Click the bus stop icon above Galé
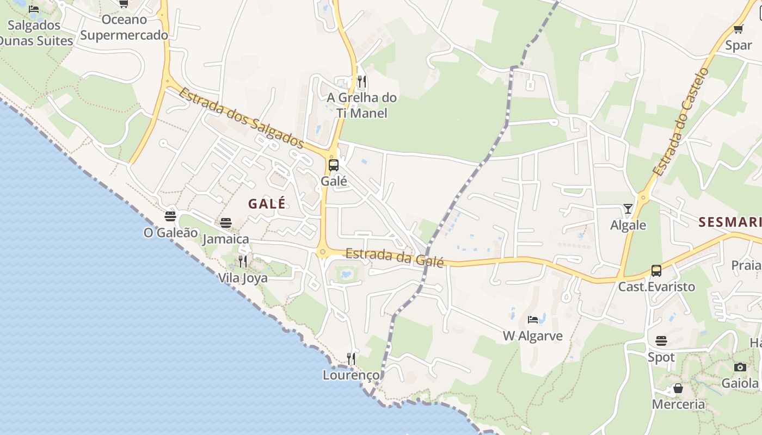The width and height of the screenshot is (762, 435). [334, 165]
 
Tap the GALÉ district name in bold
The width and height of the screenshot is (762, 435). [267, 204]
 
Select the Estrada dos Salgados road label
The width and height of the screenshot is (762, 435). [241, 117]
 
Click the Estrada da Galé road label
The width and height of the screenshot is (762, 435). [395, 257]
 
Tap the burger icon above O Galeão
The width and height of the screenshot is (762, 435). [170, 216]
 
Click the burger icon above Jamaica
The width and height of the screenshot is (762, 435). [226, 223]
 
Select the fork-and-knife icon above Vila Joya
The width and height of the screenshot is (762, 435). [243, 262]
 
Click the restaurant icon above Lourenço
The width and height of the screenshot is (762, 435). [351, 359]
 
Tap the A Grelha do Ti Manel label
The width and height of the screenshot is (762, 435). [361, 105]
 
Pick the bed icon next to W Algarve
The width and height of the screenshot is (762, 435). [533, 320]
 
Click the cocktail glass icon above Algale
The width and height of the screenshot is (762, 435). [628, 209]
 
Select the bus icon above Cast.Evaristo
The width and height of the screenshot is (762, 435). [656, 270]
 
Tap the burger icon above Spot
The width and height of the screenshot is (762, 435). [661, 341]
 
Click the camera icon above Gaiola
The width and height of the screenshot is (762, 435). [740, 367]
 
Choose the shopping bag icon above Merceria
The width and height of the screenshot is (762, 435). [678, 388]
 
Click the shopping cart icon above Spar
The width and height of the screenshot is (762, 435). [739, 29]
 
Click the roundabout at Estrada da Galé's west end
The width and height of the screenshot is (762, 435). [322, 252]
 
